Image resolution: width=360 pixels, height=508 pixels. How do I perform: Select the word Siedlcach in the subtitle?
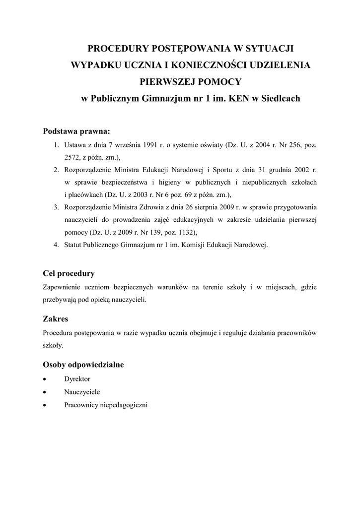(x=280, y=98)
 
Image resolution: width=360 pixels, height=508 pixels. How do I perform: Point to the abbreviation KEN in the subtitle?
(x=238, y=98)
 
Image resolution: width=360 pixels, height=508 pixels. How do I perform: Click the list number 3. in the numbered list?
(x=57, y=207)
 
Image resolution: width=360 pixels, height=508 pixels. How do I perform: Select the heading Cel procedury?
(x=69, y=273)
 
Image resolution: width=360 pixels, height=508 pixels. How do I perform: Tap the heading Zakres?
(x=56, y=319)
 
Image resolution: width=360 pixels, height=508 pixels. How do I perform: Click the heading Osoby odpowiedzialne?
(x=83, y=365)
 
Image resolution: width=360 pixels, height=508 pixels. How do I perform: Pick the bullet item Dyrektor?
(x=77, y=379)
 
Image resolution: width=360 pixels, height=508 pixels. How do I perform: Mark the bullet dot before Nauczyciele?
(x=46, y=392)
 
